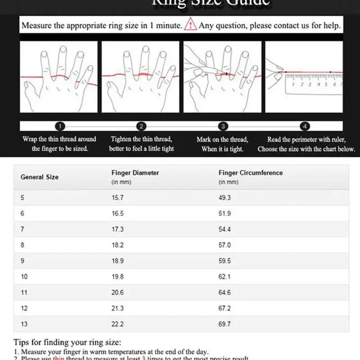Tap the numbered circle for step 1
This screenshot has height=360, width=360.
61,126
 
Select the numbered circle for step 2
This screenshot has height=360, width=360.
141,126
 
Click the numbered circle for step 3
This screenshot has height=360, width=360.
223,126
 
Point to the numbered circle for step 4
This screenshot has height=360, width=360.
305,126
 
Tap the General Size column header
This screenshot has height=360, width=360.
40,177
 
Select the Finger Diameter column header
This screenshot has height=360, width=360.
135,173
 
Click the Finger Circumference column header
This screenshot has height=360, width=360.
251,173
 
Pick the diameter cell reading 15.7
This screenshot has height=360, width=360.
117,198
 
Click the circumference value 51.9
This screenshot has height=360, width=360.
225,214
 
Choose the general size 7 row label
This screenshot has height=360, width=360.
22,229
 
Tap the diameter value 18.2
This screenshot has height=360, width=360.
117,245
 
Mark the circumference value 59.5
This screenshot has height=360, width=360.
225,261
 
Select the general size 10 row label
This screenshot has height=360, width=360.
24,277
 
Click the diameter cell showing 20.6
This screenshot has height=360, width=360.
117,292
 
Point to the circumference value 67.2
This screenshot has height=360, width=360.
225,308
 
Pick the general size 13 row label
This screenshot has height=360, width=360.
24,324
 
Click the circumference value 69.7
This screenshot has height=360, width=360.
225,324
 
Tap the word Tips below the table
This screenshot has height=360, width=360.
22,343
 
